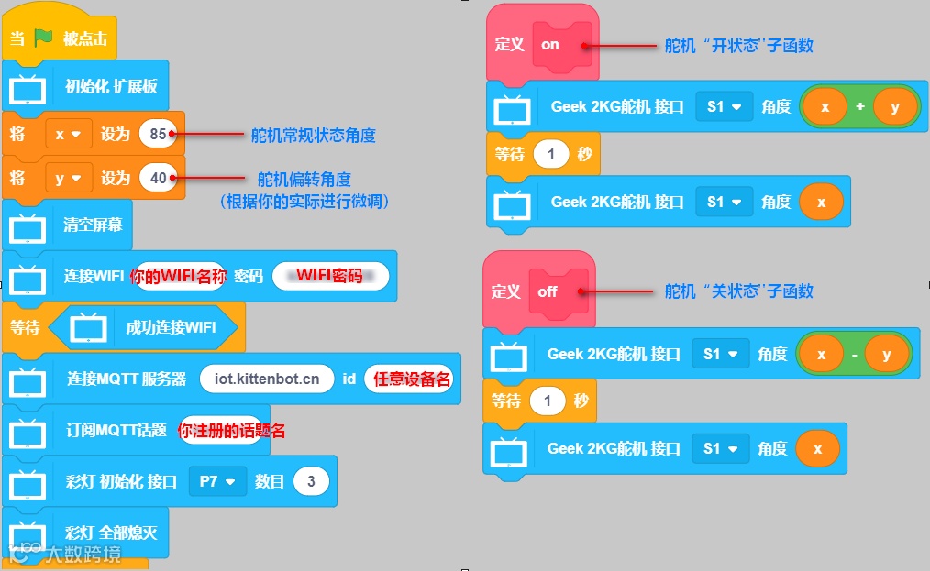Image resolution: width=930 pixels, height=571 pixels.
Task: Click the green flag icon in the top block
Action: tap(44, 38)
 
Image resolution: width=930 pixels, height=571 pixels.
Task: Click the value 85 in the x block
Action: tap(158, 135)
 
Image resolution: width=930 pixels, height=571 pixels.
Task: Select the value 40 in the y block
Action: tap(159, 179)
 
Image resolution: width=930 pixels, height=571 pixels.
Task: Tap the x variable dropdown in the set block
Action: tap(68, 135)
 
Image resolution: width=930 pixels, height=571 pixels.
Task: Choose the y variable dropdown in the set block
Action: tap(68, 179)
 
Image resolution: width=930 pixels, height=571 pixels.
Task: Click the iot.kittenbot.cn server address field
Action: tap(267, 378)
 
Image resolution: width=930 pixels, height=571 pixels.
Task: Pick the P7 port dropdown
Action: tap(217, 480)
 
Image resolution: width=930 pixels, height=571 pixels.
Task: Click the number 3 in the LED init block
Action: tap(312, 480)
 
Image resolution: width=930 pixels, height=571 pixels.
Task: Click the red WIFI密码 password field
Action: tap(329, 276)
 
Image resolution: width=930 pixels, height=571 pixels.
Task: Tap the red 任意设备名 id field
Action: tap(412, 379)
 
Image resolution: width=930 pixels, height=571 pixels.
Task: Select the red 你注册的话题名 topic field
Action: tap(231, 430)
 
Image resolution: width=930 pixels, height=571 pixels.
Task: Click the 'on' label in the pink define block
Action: tap(550, 44)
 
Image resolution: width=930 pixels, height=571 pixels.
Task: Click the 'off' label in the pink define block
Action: tap(548, 291)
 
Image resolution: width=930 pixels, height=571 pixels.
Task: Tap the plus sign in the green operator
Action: tap(859, 107)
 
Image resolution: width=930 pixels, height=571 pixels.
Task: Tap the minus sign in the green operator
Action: tap(856, 355)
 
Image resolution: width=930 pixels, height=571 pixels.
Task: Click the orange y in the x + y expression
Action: tap(894, 107)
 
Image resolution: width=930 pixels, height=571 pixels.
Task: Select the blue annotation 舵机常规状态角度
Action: tap(314, 136)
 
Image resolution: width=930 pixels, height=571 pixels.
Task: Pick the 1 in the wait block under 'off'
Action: tap(548, 401)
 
